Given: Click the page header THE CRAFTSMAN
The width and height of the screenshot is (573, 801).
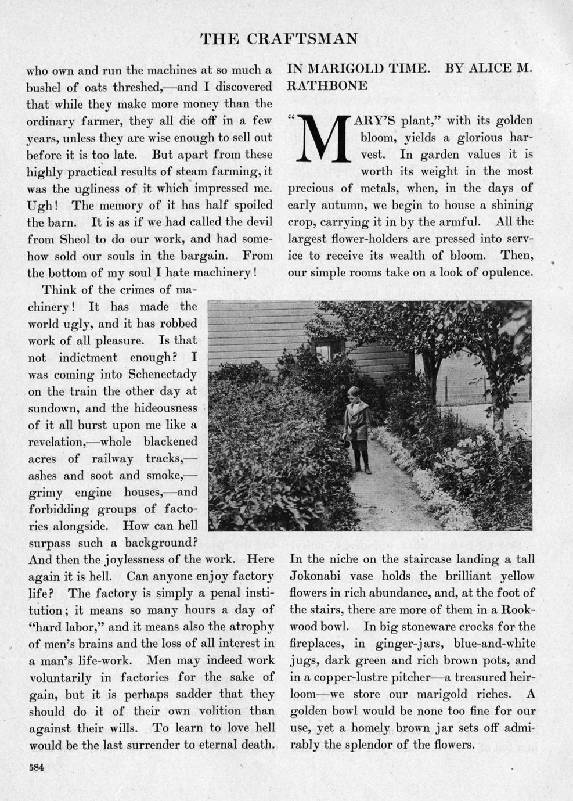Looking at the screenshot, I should (x=279, y=39).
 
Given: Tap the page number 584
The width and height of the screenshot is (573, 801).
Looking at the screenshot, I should (x=37, y=767).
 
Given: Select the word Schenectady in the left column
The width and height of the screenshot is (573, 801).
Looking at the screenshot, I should (x=163, y=374).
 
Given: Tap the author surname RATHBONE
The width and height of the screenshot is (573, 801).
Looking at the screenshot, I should (x=327, y=86).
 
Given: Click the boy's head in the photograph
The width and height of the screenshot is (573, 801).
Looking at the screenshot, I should (x=353, y=394).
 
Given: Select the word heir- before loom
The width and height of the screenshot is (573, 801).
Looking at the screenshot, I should (x=517, y=677).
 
